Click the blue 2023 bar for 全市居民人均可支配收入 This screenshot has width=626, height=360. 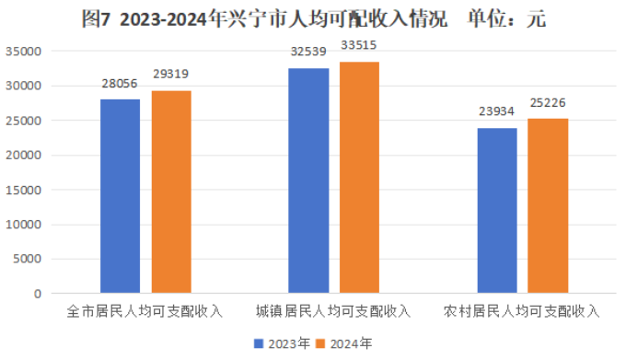[120, 196]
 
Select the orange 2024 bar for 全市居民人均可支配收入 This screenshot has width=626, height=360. [171, 192]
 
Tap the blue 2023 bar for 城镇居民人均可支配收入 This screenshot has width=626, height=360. [308, 180]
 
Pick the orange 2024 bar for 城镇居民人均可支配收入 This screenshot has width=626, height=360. [359, 178]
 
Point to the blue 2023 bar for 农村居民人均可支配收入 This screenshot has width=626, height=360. [497, 210]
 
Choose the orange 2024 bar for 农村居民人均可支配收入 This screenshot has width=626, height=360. [548, 206]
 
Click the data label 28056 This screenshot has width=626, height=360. [120, 82]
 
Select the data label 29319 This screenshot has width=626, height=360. [172, 74]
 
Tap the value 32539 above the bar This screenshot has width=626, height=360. [307, 52]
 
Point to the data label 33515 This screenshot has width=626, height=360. [359, 45]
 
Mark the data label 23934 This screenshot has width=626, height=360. [496, 111]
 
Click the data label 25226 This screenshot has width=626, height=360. [548, 102]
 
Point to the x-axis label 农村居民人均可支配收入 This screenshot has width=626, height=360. [521, 311]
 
